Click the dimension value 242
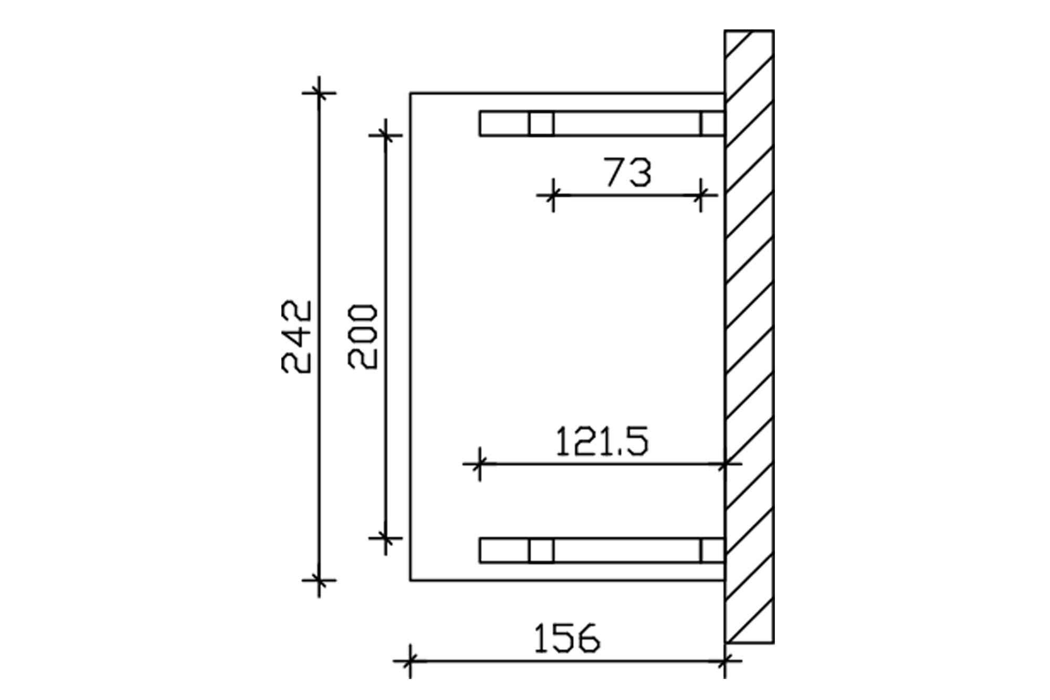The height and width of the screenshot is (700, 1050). pos(297,337)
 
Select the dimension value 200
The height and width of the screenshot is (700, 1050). pos(363,337)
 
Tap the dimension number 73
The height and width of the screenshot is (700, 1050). pos(628,172)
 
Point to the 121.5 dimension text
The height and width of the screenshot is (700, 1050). pos(602,442)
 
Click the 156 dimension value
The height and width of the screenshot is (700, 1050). pos(567,639)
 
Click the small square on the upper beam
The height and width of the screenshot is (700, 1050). pos(541,124)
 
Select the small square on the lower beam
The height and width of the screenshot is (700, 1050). pos(541,551)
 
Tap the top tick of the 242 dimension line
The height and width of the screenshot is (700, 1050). pos(319,93)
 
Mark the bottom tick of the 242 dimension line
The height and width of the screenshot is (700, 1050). pos(319,580)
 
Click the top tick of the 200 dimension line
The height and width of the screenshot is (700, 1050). pos(386,135)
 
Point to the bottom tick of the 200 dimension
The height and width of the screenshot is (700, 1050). pos(386,538)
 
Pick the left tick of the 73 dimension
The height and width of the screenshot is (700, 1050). pos(553,195)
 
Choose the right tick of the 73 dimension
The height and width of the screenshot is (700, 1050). pos(701,195)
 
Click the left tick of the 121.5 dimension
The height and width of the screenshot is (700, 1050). pos(479,464)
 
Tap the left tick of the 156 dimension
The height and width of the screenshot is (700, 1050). pos(410,661)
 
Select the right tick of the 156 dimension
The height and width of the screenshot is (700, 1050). pos(724,661)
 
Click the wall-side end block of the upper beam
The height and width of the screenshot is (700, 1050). pos(712,124)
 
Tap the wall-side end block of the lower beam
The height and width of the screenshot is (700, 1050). pos(712,551)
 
